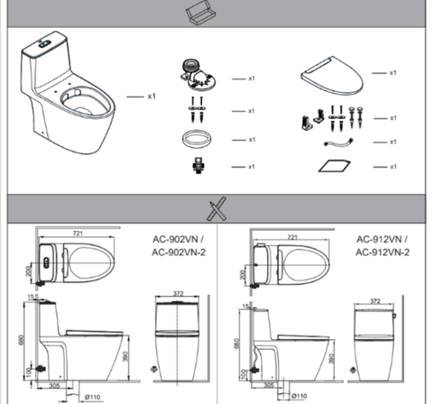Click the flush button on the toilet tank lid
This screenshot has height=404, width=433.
45,42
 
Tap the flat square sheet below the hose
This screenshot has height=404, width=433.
335,166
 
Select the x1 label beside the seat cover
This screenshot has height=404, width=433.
392,72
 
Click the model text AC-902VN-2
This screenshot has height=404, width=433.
177,252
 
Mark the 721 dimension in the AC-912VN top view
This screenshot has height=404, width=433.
290,237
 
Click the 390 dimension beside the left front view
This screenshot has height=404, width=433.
137,358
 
